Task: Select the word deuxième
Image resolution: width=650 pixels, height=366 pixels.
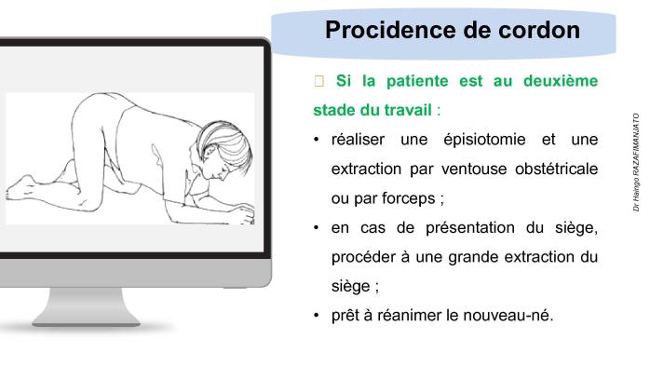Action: (558, 81)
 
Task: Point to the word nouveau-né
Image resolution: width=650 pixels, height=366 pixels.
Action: (513, 315)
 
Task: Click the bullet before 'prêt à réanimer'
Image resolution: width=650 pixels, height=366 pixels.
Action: (318, 315)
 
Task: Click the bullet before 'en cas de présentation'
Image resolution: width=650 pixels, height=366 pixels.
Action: (318, 228)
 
